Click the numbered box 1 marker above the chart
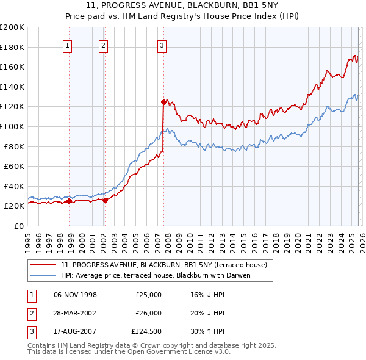[67, 45]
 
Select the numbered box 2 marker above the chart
[104, 45]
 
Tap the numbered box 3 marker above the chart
[162, 45]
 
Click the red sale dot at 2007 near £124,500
[163, 102]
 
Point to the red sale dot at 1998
[70, 201]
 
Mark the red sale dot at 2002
[106, 200]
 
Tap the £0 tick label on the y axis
[18, 226]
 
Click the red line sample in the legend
[44, 265]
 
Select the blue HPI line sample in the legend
[44, 275]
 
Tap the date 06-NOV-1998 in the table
[75, 295]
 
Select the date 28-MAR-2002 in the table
[75, 313]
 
